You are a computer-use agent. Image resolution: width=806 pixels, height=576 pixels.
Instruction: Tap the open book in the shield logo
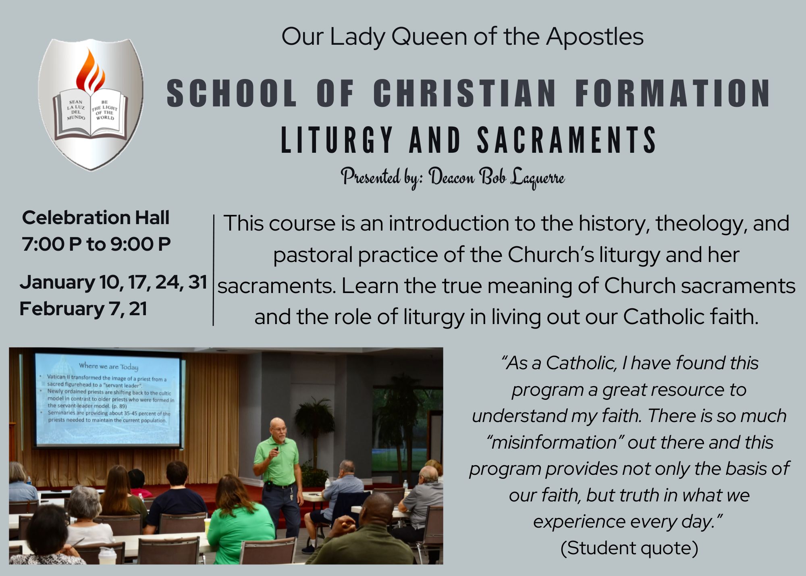91,114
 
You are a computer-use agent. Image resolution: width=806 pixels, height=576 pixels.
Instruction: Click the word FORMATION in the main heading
673,93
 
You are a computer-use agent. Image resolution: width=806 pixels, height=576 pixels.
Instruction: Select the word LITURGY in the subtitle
337,140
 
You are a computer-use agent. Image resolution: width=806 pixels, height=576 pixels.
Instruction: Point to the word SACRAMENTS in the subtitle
567,140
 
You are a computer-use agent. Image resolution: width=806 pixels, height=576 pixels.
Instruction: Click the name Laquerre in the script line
537,177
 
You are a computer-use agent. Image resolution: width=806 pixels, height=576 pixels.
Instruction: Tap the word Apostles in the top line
595,37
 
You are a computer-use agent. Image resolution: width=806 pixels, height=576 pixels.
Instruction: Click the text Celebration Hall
96,218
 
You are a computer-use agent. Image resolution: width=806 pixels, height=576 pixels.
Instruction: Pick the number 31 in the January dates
197,282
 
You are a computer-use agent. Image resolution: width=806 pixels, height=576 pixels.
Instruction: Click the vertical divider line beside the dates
213,270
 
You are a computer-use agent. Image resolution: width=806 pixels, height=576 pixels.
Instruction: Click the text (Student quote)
629,548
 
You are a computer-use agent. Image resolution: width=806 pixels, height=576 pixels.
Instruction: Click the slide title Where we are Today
108,366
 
